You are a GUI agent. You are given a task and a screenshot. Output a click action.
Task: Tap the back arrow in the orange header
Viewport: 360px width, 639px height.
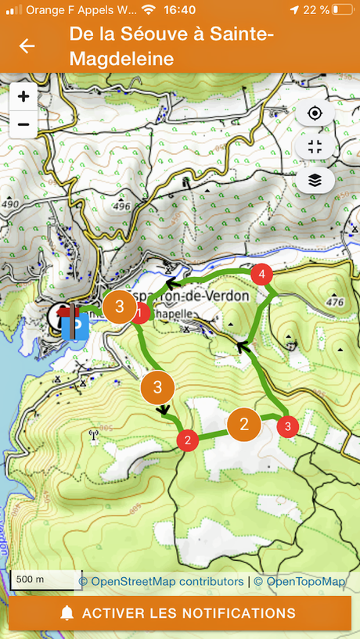(x=27, y=46)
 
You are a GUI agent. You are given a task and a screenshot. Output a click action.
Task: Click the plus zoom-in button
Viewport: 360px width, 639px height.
(x=23, y=97)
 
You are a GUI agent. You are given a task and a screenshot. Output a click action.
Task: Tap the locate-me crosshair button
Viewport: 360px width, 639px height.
(x=315, y=113)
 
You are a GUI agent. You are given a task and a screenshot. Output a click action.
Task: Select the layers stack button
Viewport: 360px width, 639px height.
(x=315, y=180)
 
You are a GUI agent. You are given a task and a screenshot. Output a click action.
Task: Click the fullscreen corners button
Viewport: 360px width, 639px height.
(x=315, y=147)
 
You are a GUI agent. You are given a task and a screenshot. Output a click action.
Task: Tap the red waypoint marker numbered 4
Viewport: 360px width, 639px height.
(x=261, y=275)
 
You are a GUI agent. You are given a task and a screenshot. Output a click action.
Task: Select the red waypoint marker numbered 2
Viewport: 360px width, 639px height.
(x=187, y=440)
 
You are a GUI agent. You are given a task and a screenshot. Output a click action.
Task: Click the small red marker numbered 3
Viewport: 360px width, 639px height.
(x=288, y=426)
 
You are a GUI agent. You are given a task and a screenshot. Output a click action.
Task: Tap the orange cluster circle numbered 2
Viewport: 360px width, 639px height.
(x=244, y=425)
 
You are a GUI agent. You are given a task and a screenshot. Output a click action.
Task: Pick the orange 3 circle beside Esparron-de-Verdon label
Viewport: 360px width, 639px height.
(x=119, y=307)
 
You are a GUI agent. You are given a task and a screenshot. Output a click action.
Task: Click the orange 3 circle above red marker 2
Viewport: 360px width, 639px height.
(x=158, y=387)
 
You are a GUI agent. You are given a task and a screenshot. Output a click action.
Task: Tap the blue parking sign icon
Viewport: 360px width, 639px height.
(x=75, y=325)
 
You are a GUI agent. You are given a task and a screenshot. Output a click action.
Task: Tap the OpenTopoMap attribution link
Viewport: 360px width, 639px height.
(x=305, y=581)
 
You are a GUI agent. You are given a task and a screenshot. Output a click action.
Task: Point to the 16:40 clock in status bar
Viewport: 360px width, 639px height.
(x=181, y=10)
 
